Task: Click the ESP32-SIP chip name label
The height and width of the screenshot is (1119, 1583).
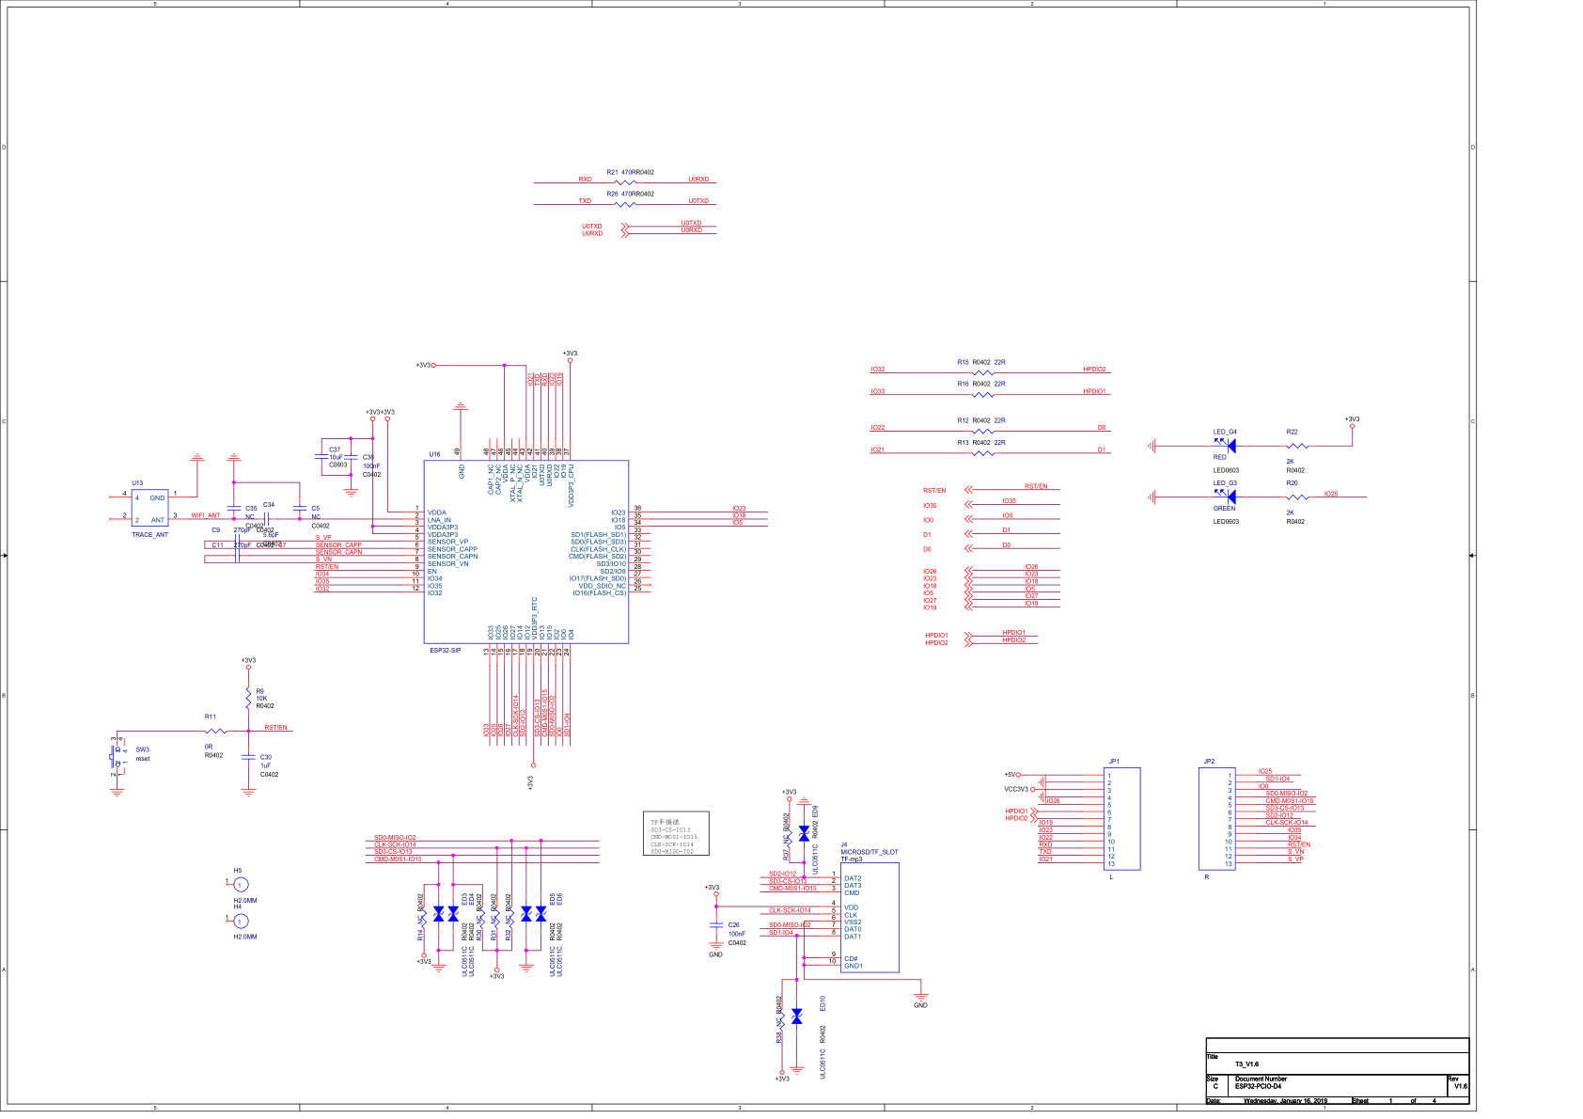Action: pos(446,651)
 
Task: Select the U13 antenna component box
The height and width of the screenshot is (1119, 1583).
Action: pos(149,509)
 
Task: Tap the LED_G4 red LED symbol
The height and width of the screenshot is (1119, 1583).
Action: pos(1230,446)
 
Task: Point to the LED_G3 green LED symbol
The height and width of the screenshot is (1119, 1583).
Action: pos(1230,496)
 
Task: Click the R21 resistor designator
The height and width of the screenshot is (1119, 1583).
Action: pos(612,172)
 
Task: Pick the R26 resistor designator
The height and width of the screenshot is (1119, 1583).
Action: pos(612,194)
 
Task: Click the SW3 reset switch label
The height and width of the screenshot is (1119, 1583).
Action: pos(142,749)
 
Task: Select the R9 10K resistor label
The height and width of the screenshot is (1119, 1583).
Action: pos(260,691)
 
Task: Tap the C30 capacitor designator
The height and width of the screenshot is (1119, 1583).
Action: pos(266,757)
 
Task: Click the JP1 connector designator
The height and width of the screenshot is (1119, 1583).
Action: pos(1114,762)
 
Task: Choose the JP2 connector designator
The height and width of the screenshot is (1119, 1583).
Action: pos(1209,762)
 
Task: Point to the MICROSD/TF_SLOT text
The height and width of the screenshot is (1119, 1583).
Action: pos(869,852)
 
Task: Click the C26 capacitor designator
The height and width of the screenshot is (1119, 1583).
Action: pos(733,925)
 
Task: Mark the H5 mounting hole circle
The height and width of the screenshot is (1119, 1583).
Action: pos(241,885)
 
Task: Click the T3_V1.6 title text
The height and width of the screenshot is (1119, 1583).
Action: pos(1246,1064)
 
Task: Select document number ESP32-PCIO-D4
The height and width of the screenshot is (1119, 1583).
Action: pos(1258,1086)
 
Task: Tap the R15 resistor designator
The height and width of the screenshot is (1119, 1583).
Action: pos(963,362)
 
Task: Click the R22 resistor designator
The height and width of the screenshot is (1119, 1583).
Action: pos(1292,433)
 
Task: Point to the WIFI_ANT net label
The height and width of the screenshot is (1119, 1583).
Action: pos(206,515)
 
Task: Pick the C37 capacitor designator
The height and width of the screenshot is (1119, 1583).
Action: pos(335,449)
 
